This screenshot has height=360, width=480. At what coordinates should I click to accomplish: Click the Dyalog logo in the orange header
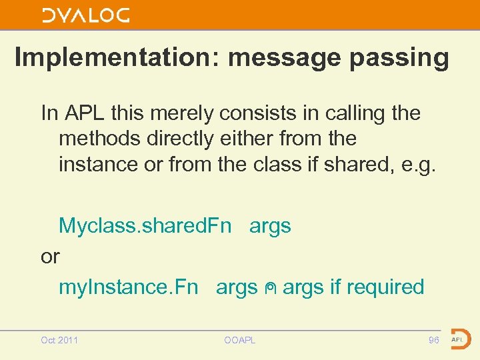click(85, 15)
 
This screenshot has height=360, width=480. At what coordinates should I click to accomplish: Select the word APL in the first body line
click(85, 113)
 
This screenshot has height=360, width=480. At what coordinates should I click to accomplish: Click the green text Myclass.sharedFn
click(145, 225)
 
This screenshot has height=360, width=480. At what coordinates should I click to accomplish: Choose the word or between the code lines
click(50, 256)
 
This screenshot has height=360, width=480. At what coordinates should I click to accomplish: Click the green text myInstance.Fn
click(129, 287)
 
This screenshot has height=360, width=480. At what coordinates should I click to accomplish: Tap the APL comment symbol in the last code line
click(270, 288)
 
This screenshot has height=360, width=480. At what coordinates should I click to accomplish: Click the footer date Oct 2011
click(59, 340)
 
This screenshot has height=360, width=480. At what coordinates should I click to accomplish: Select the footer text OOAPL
click(240, 340)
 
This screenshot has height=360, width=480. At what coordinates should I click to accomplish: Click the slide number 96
click(433, 340)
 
